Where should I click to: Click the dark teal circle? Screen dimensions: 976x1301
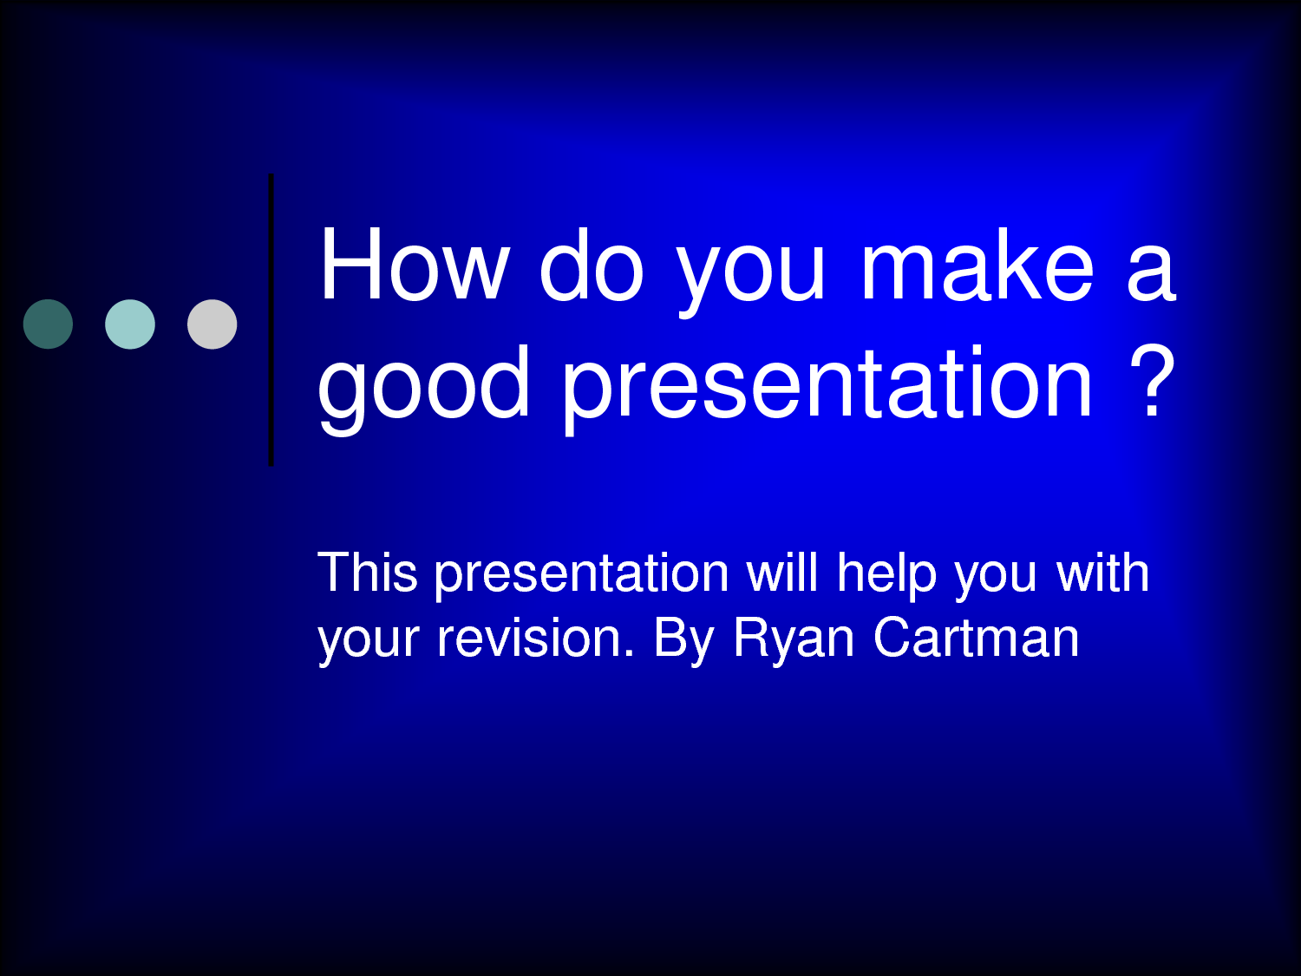pyautogui.click(x=48, y=324)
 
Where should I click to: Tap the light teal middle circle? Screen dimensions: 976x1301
pyautogui.click(x=130, y=324)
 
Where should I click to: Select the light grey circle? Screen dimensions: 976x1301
pyautogui.click(x=212, y=324)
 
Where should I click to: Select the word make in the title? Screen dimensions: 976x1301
pyautogui.click(x=977, y=265)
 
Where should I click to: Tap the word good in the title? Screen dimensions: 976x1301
pyautogui.click(x=424, y=384)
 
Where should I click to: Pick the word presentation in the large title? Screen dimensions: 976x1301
pyautogui.click(x=827, y=384)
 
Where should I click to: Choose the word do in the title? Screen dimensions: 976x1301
pyautogui.click(x=592, y=265)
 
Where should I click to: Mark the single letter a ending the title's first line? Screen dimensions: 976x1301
pyautogui.click(x=1151, y=273)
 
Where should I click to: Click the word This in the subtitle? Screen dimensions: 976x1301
pyautogui.click(x=368, y=573)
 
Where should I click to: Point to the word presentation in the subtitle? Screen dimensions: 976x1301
pyautogui.click(x=581, y=575)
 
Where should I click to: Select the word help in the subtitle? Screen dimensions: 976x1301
pyautogui.click(x=886, y=575)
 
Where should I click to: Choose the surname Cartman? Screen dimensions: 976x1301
pyautogui.click(x=976, y=639)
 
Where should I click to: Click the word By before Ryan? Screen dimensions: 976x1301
pyautogui.click(x=683, y=640)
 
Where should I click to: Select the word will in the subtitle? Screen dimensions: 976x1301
pyautogui.click(x=782, y=573)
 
